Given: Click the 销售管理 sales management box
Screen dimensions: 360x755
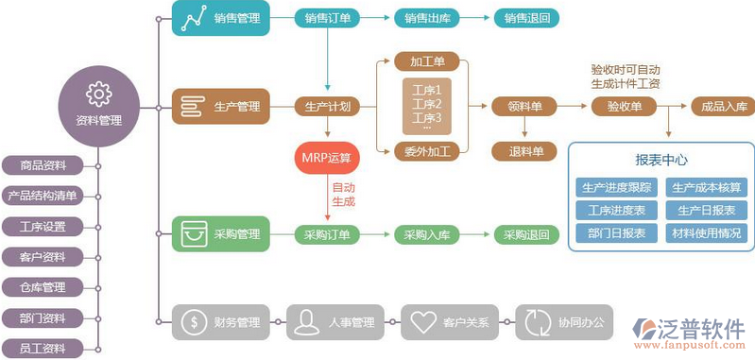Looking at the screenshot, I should click(x=220, y=18).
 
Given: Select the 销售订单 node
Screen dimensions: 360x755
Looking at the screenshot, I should click(x=328, y=18).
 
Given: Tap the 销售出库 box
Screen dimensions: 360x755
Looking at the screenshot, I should click(x=427, y=18).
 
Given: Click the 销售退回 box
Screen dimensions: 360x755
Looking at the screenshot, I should click(x=526, y=18).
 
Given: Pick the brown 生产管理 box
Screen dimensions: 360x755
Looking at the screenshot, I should click(x=220, y=107).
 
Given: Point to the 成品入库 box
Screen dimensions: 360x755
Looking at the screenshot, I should click(x=723, y=107).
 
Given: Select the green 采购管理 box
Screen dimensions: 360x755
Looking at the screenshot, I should click(x=220, y=233).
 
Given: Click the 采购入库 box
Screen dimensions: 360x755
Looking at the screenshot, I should click(x=427, y=234).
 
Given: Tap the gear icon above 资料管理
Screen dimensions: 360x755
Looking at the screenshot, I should click(x=99, y=93).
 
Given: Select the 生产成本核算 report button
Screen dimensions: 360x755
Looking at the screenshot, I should click(x=706, y=187).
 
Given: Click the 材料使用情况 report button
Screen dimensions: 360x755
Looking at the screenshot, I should click(x=706, y=232).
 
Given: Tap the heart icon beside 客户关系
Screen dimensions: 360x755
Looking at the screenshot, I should click(x=420, y=321).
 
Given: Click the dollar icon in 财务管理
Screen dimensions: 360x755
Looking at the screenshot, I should click(x=193, y=321).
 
